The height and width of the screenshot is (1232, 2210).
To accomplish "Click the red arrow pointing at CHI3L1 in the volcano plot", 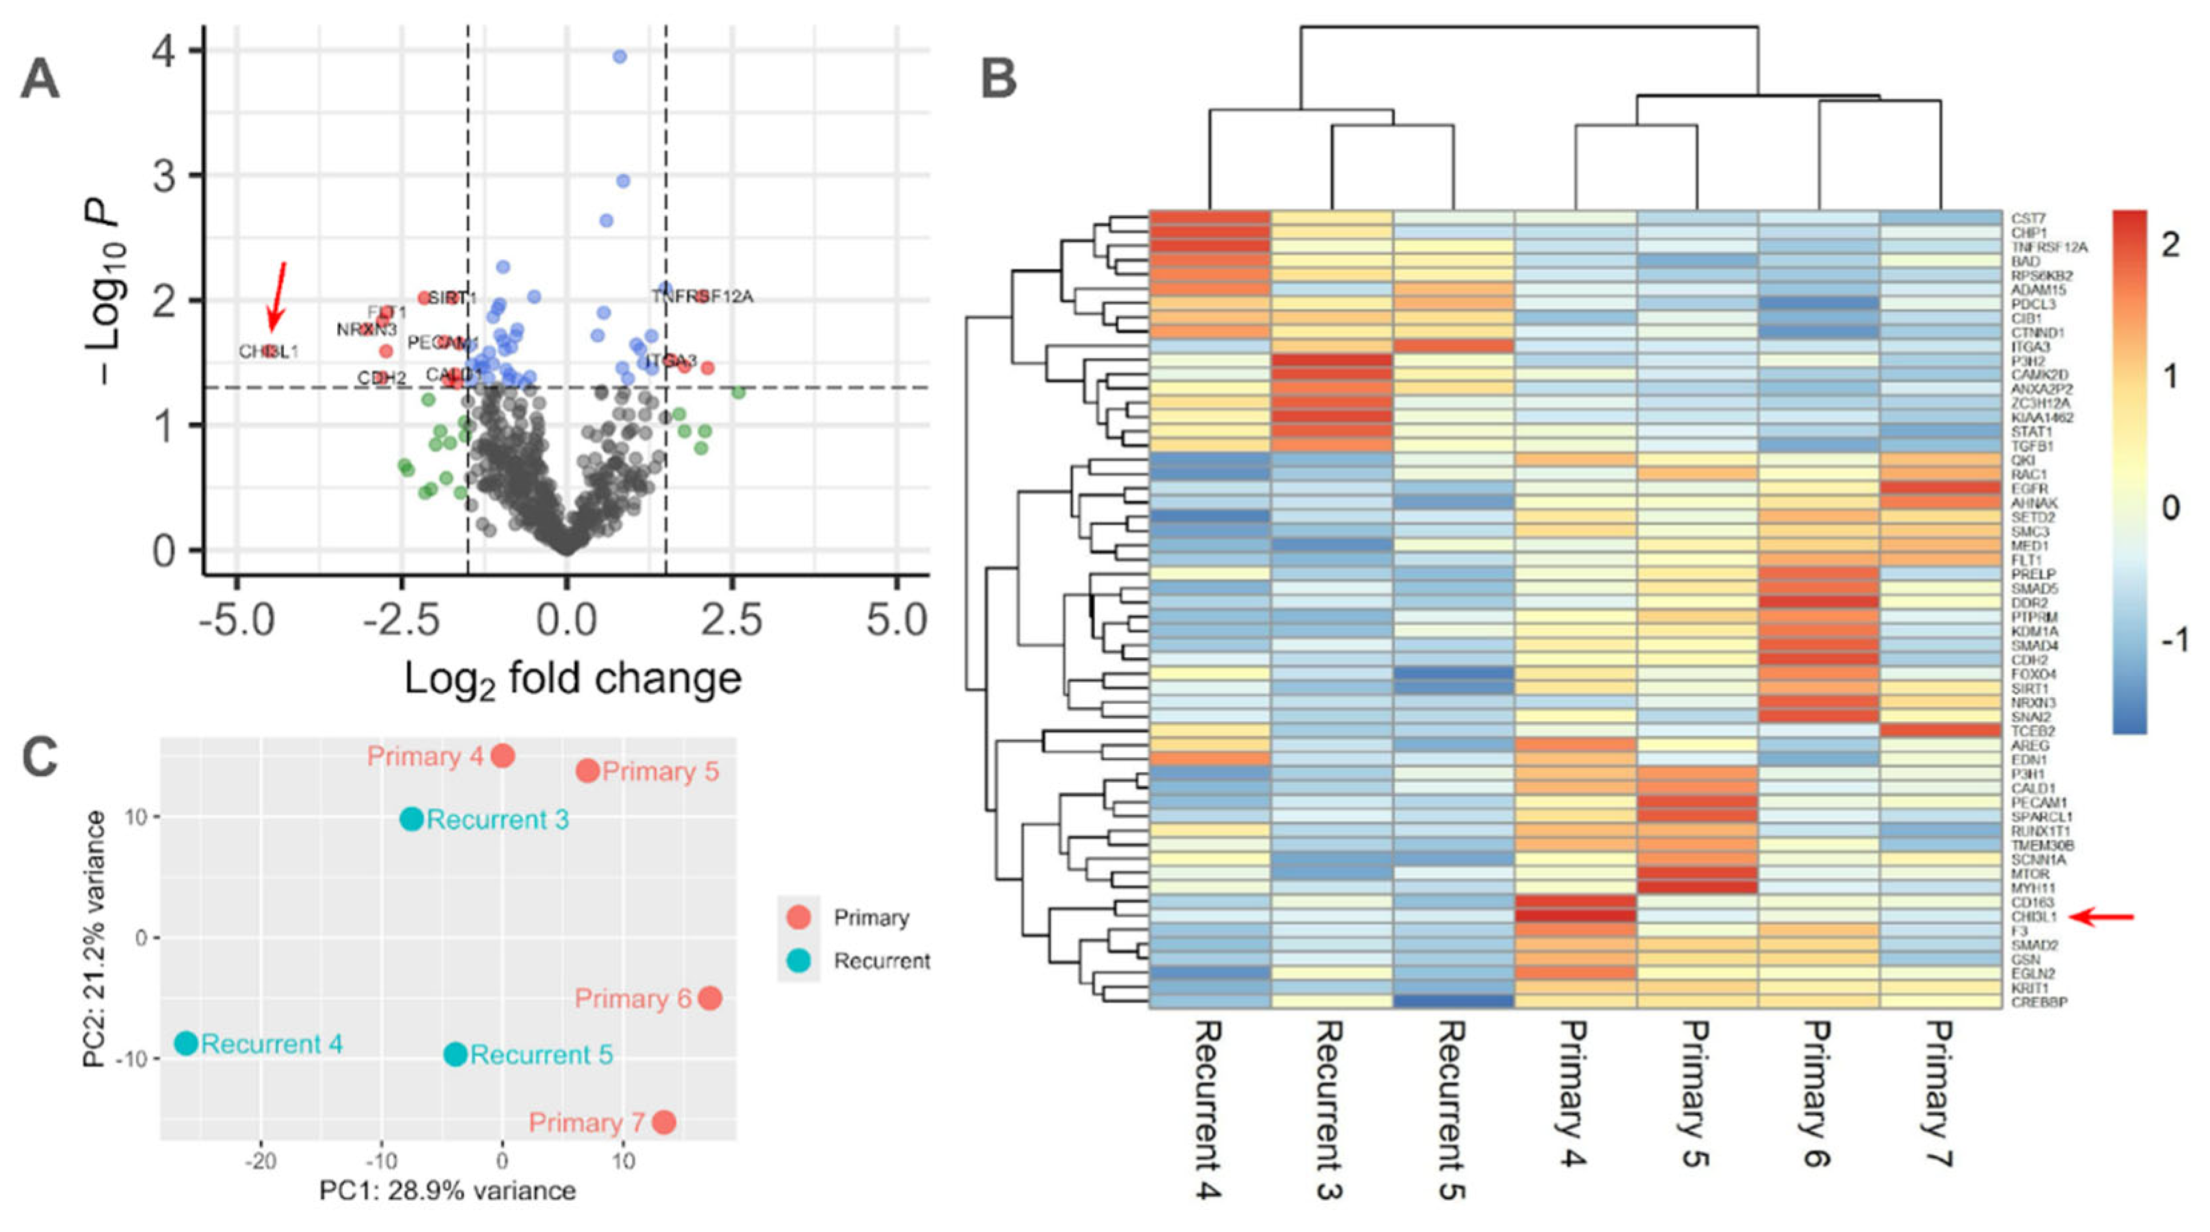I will click(277, 296).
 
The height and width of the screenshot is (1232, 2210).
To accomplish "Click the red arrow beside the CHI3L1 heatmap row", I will click(2102, 917).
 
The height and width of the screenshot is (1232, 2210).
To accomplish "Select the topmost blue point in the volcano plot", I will click(619, 57).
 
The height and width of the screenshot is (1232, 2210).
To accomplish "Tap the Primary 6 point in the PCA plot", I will click(709, 998).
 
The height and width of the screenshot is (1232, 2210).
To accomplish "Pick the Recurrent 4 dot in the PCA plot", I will click(186, 1043).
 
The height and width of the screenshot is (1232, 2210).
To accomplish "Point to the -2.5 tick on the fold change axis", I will click(401, 619).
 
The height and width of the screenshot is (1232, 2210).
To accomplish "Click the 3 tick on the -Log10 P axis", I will click(165, 176).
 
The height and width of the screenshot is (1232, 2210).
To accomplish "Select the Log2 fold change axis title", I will click(572, 679).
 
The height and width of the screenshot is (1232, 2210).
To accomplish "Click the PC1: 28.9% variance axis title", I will click(447, 1191).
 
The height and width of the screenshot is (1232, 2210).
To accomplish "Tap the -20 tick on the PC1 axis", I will click(261, 1161).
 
